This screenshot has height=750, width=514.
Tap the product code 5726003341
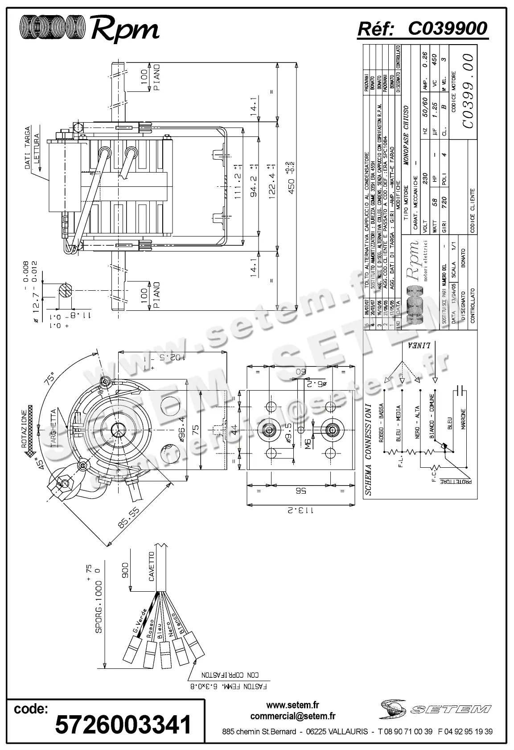[123, 724]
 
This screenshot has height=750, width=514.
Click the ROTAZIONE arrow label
[24, 428]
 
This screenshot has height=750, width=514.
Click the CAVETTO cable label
[152, 566]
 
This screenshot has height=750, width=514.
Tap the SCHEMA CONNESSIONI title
[368, 450]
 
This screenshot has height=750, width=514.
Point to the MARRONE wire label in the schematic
[463, 419]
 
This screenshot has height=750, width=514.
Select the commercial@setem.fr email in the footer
[293, 717]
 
